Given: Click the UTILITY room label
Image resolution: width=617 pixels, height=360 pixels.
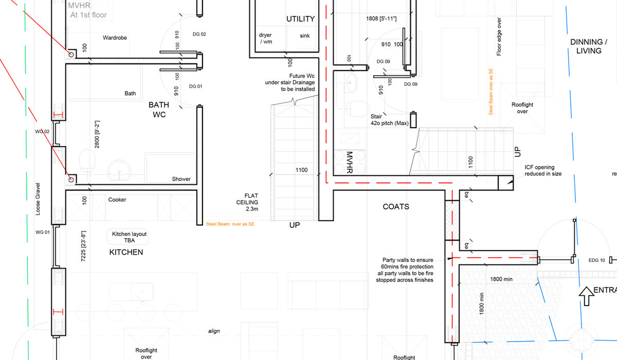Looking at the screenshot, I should [x=300, y=19].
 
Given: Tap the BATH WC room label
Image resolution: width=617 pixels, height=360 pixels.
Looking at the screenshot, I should [x=159, y=110].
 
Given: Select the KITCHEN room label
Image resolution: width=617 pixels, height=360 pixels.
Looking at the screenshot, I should [x=126, y=253].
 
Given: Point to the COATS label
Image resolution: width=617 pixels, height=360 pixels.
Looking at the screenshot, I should [x=396, y=207].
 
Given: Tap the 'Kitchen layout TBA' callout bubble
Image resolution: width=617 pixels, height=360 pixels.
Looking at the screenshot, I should [x=129, y=237].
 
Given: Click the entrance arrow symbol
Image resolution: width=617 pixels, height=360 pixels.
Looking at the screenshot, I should [x=586, y=296].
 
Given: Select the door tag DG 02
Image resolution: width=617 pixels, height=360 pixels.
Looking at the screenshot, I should [x=199, y=34].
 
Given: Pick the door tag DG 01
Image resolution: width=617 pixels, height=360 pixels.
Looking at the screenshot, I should [x=196, y=86].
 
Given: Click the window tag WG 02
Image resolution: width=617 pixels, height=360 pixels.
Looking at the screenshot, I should [x=42, y=132].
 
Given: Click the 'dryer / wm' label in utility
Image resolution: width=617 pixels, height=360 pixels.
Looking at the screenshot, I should [x=266, y=39].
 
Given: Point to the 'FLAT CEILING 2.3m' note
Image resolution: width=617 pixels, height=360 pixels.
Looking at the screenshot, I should [x=251, y=203].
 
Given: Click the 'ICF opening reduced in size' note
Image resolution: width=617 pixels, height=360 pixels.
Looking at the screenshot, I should [x=542, y=170].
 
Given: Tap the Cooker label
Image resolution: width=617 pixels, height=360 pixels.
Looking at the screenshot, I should [x=117, y=200].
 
